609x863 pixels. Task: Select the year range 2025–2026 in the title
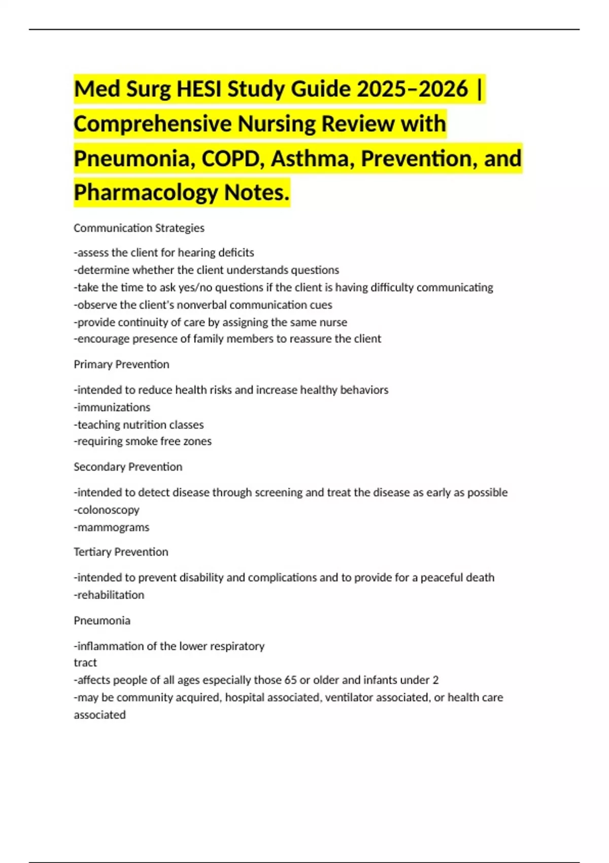pyautogui.click(x=412, y=89)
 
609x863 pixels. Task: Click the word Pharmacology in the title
pyautogui.click(x=146, y=192)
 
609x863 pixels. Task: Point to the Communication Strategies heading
pyautogui.click(x=139, y=228)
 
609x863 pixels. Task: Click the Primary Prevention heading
pyautogui.click(x=121, y=364)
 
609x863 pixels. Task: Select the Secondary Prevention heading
pyautogui.click(x=128, y=467)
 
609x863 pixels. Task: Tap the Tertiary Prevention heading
pyautogui.click(x=121, y=552)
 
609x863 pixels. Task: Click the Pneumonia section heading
pyautogui.click(x=102, y=620)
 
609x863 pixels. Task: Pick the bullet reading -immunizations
pyautogui.click(x=112, y=407)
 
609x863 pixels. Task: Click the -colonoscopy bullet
pyautogui.click(x=107, y=510)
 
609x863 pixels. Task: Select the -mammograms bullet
pyautogui.click(x=112, y=527)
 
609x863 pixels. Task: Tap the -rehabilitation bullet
pyautogui.click(x=109, y=594)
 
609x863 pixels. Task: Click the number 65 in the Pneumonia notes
pyautogui.click(x=291, y=680)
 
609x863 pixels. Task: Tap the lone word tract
pyautogui.click(x=85, y=662)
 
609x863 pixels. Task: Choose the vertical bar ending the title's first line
pyautogui.click(x=480, y=89)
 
